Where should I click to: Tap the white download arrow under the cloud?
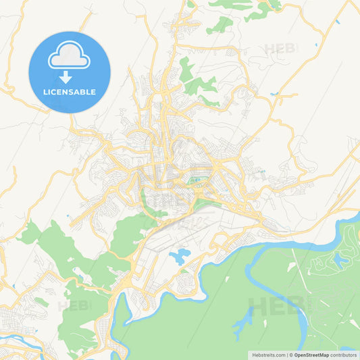(70, 76)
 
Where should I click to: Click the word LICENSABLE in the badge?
(70, 92)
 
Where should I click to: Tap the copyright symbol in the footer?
(290, 355)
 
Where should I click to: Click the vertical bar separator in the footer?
(286, 355)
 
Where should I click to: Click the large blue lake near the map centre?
(180, 256)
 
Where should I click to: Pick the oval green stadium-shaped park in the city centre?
(199, 180)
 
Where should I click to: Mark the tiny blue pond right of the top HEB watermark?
(315, 45)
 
